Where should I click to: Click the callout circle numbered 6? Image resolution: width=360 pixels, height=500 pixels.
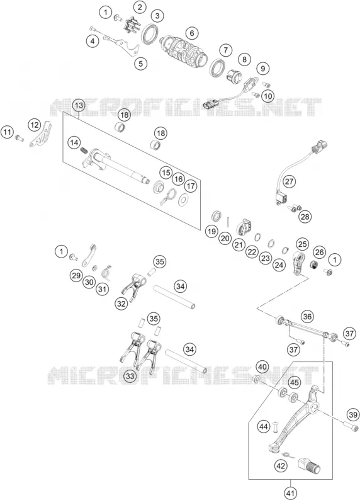click(x=191, y=33)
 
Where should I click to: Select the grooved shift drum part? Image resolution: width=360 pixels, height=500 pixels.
click(x=183, y=52)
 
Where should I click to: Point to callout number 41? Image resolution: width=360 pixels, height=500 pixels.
click(x=290, y=494)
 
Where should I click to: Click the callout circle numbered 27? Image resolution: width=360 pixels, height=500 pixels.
click(x=289, y=182)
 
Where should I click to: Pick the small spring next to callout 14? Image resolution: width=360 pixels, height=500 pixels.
click(x=84, y=149)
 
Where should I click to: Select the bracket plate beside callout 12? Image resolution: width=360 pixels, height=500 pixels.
click(x=41, y=135)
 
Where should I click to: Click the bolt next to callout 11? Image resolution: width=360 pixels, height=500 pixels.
click(x=20, y=138)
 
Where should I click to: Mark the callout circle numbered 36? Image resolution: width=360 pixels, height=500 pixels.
click(x=307, y=317)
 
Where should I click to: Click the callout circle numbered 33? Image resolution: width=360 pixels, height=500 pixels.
click(x=130, y=377)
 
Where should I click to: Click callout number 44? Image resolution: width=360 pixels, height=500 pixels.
click(x=264, y=426)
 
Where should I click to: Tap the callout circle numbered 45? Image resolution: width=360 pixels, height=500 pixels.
click(x=295, y=382)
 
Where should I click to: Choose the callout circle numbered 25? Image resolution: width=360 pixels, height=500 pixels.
click(x=302, y=244)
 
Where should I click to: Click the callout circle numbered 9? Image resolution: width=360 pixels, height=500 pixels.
click(x=263, y=68)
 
